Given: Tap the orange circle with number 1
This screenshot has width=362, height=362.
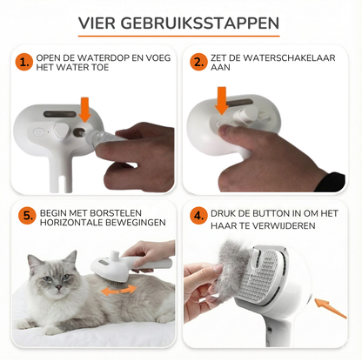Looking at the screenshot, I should (x=23, y=63).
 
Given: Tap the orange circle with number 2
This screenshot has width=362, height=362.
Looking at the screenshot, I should (x=199, y=63).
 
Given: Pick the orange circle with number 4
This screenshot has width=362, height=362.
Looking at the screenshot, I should (x=199, y=215).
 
